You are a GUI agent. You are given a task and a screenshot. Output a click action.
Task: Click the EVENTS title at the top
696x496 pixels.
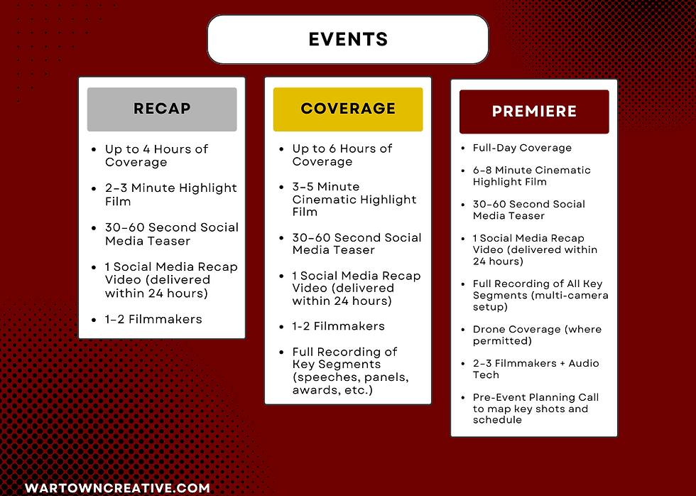[x=348, y=39]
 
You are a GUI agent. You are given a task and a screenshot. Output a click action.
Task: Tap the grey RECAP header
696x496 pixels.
[x=162, y=109]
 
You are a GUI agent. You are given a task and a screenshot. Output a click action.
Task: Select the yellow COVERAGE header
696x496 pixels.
[x=348, y=109]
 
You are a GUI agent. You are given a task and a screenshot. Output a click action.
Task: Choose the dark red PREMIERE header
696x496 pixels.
[x=534, y=112]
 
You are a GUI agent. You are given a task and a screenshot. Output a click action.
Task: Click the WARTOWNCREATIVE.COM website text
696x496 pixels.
[x=117, y=488]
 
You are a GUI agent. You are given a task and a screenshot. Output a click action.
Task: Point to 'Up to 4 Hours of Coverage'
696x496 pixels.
[x=156, y=156]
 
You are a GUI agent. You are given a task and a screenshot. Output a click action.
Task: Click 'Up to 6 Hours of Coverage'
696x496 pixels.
[x=342, y=155]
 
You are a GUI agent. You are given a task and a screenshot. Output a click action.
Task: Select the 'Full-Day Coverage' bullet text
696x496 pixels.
[x=522, y=148]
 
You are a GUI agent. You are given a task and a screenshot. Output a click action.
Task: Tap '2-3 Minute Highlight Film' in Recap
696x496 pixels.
[x=171, y=195]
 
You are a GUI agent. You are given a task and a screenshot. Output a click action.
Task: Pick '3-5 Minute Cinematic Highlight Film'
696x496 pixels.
[x=354, y=200]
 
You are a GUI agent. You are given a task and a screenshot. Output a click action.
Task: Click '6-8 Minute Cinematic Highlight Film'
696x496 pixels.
[x=532, y=176]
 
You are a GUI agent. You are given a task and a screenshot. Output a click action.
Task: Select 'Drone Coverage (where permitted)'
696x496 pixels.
[x=537, y=335]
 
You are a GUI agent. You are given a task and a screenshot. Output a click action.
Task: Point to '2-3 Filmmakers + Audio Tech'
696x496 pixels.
[x=535, y=369]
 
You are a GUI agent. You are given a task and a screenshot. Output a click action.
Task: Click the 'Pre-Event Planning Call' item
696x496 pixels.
[x=535, y=409]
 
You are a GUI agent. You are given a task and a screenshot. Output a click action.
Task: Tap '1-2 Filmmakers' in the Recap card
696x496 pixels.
[x=153, y=319]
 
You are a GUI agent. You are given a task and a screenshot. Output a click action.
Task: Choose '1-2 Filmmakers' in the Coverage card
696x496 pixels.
[x=338, y=326]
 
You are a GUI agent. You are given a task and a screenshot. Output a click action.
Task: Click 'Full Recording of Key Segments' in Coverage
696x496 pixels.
[x=350, y=371]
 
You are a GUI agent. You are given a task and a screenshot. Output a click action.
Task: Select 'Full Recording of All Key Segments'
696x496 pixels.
[x=540, y=296]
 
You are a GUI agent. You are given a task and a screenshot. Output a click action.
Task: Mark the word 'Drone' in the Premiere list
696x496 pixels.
[x=489, y=330]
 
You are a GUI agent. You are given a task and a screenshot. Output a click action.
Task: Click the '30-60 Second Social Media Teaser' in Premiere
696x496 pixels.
[x=528, y=210]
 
